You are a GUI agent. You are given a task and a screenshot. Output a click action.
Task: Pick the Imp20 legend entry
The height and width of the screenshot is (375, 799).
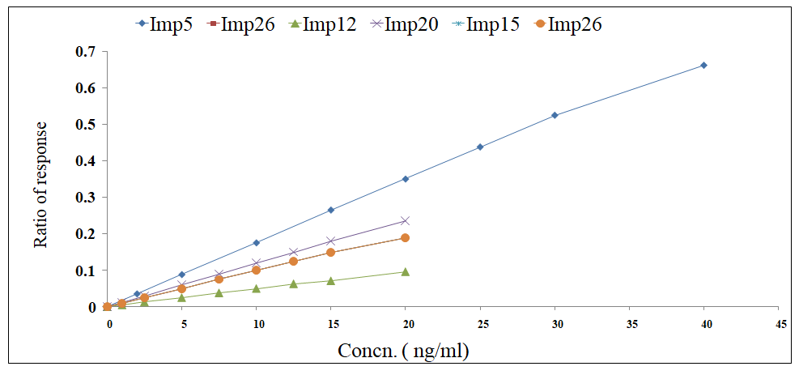click(404, 24)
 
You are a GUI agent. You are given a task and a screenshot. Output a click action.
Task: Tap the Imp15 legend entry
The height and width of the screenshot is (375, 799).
click(489, 24)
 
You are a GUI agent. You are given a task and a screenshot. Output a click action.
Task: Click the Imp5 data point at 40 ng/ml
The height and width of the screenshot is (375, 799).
click(703, 65)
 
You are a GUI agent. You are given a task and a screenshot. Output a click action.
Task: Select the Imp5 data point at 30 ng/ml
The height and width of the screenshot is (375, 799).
click(555, 115)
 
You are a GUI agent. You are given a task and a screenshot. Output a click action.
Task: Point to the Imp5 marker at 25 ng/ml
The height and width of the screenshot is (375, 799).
click(480, 147)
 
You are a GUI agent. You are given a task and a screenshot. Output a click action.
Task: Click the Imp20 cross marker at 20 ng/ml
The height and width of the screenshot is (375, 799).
click(406, 220)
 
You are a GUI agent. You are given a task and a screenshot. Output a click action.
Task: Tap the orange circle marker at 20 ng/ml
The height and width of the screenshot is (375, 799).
click(406, 238)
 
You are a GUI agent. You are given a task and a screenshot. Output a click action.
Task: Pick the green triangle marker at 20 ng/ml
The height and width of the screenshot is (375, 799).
click(406, 271)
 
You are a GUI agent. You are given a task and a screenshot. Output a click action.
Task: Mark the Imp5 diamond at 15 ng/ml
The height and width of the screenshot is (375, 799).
click(330, 210)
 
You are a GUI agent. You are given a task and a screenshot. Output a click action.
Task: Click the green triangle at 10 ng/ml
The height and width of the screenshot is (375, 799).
click(256, 288)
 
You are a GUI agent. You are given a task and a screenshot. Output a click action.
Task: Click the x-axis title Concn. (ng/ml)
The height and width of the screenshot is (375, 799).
click(402, 352)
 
